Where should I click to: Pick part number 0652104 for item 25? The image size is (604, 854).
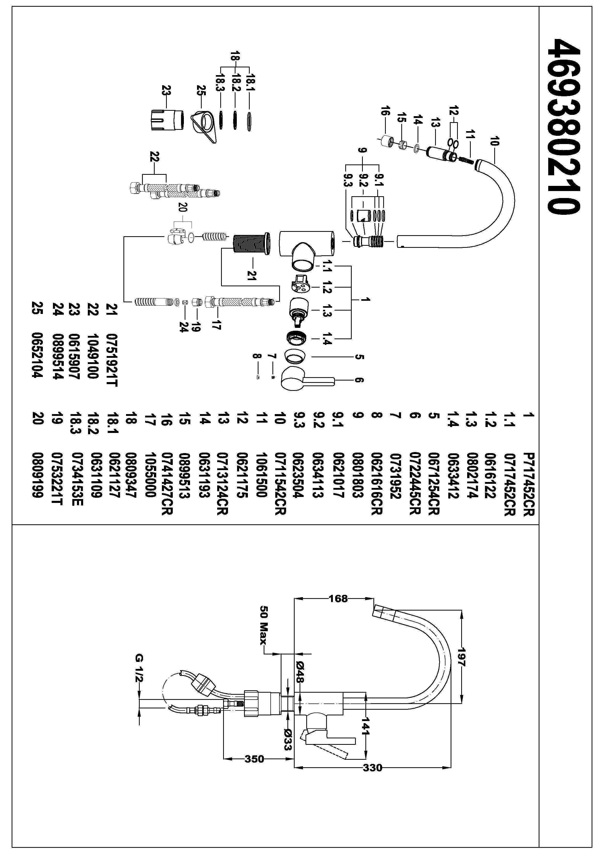(x=38, y=355)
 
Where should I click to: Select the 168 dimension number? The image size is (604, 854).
(x=338, y=598)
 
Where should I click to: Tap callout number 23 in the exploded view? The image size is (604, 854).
(x=166, y=91)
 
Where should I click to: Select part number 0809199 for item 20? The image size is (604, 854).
(x=38, y=475)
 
